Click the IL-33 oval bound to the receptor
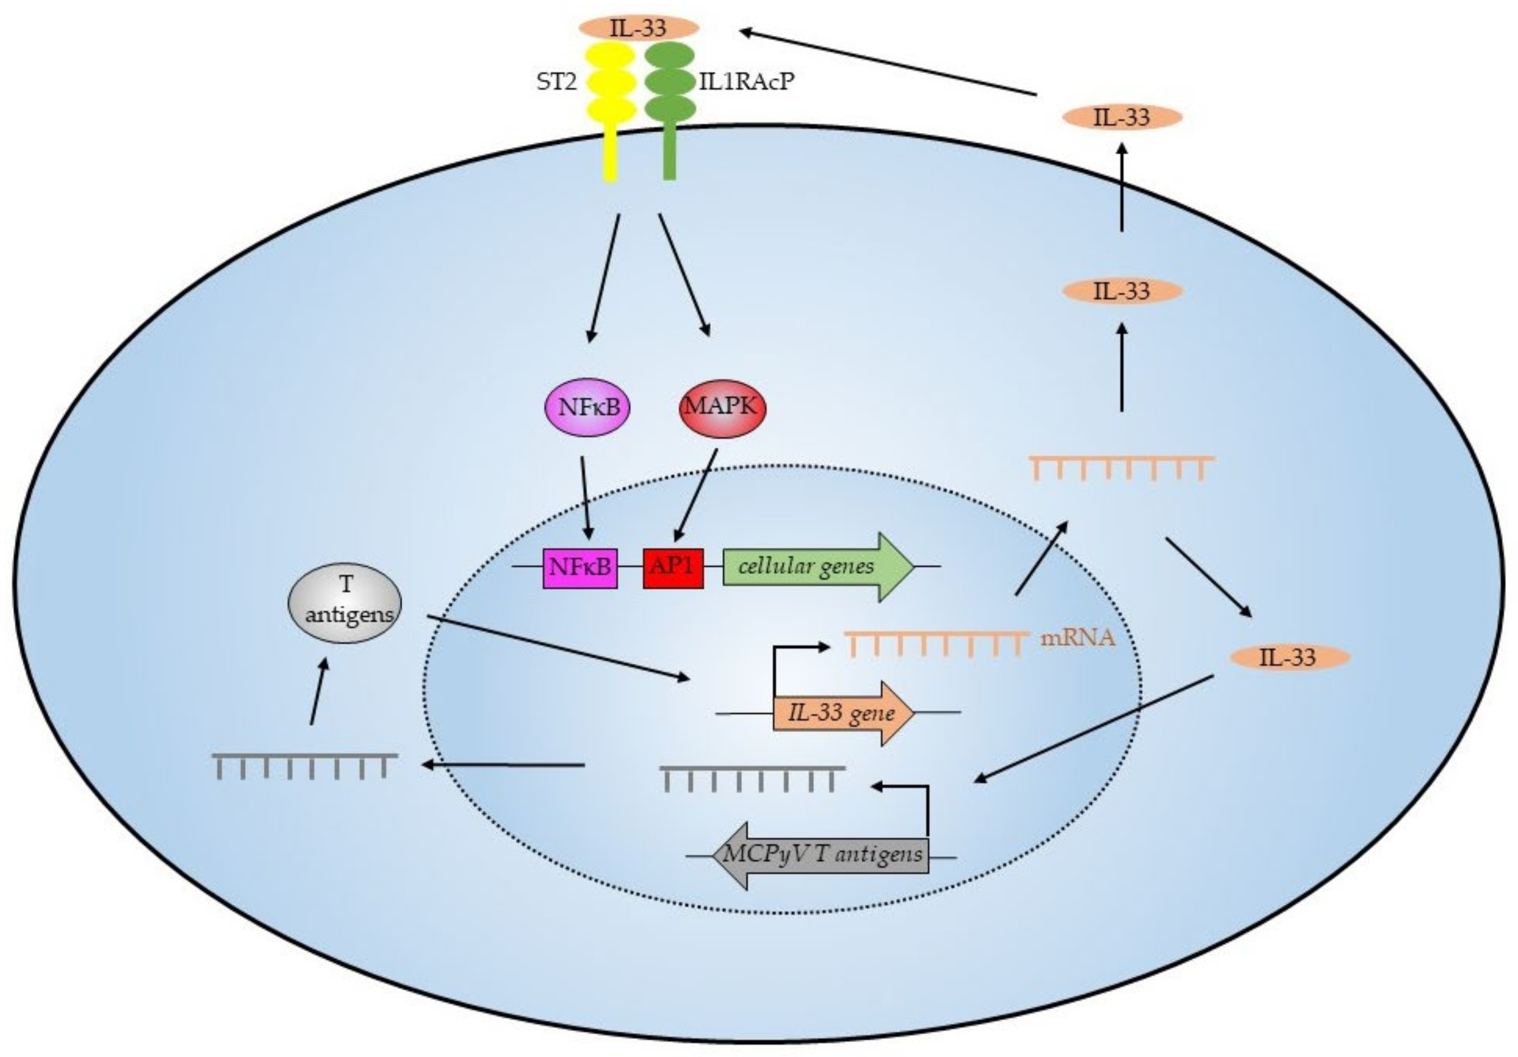[x=638, y=28]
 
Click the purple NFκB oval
[x=587, y=407]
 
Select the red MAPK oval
[x=722, y=408]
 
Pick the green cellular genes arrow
[x=819, y=567]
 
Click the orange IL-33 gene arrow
[x=844, y=713]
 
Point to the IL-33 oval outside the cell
[x=1122, y=118]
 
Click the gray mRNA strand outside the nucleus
[x=305, y=767]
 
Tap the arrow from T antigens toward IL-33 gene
[x=558, y=648]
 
